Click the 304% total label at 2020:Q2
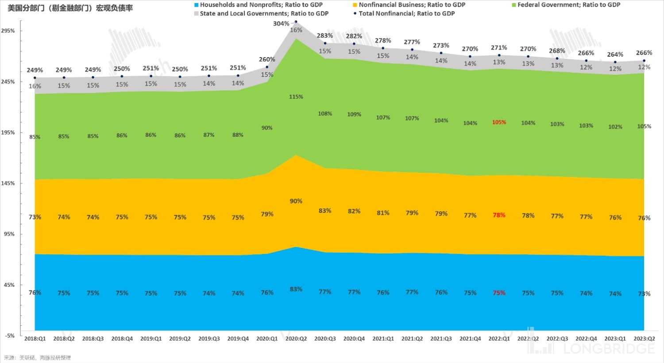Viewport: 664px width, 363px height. coord(281,23)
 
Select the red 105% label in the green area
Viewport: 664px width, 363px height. coord(499,122)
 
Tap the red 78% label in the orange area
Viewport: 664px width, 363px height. coord(499,215)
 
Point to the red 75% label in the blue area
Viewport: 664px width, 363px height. coord(499,293)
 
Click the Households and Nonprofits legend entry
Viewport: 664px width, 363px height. coord(261,5)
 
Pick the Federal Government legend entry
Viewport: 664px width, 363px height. coord(568,5)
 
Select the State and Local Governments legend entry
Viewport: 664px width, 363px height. coord(264,14)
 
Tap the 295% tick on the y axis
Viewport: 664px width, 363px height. coord(8,31)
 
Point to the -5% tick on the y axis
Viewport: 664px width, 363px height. coord(10,336)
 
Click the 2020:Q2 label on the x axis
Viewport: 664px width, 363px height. coord(296,339)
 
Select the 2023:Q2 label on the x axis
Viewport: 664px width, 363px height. coord(644,339)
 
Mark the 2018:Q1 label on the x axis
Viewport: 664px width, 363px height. coord(35,339)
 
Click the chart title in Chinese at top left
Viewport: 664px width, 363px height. coord(70,8)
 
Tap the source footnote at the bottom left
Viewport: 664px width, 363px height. coord(38,358)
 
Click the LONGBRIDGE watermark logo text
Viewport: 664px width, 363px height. coord(609,349)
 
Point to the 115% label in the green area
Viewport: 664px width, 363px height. coord(296,97)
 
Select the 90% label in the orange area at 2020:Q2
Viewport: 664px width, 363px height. coord(296,201)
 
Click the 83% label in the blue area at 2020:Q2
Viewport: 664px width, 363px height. coord(296,289)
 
